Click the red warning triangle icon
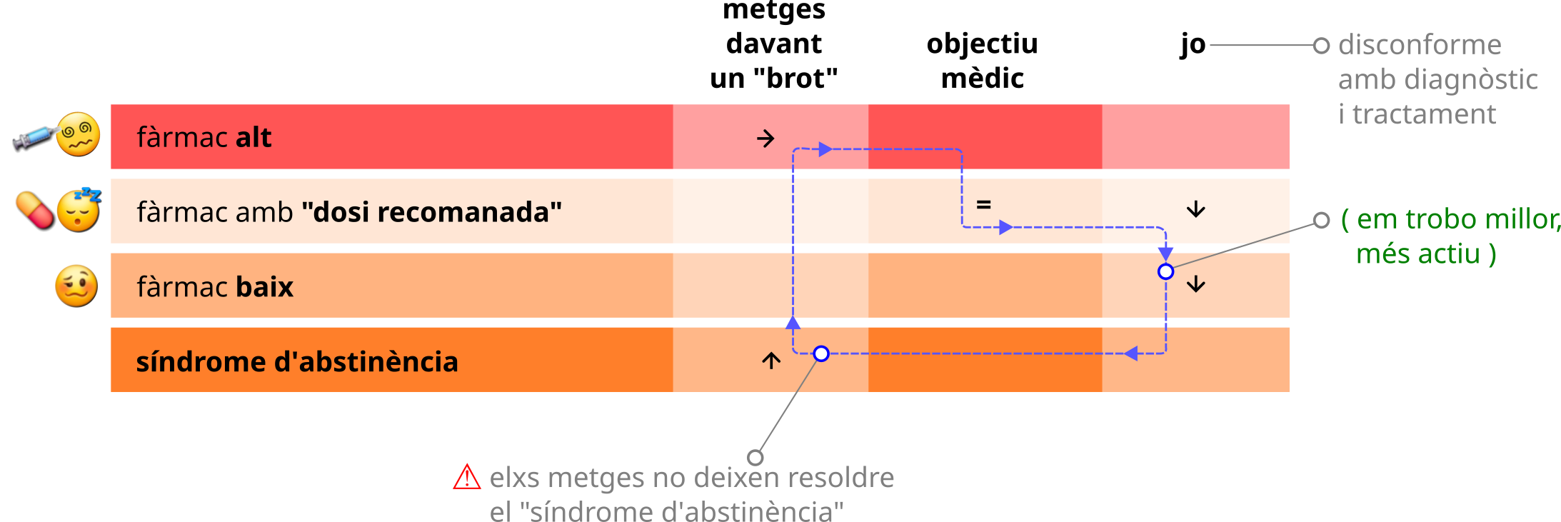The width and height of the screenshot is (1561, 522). (x=467, y=477)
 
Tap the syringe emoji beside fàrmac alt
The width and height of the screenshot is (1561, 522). (x=34, y=137)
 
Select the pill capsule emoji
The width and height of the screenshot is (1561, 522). (x=35, y=211)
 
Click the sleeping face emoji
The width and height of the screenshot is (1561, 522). (x=79, y=210)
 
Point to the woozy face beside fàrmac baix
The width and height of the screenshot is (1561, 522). (x=76, y=286)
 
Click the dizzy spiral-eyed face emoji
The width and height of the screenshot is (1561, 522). (x=79, y=134)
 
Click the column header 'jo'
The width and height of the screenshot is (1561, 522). (x=1193, y=45)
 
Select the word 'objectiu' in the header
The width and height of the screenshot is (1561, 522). (x=982, y=44)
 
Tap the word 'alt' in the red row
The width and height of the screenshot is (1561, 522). (x=254, y=137)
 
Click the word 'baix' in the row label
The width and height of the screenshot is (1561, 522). (x=264, y=287)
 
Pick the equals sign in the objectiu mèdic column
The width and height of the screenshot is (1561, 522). (x=983, y=205)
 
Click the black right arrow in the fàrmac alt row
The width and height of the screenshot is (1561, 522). (x=766, y=138)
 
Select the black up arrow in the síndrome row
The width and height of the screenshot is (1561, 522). (x=771, y=360)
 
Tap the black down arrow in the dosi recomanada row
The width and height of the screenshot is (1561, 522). (x=1196, y=209)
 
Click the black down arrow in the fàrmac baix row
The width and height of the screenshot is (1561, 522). (x=1196, y=284)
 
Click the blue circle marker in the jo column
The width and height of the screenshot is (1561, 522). (x=1165, y=271)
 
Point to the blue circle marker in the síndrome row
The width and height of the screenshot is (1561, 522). (x=821, y=353)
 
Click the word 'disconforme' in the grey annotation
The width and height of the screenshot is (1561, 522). (x=1420, y=45)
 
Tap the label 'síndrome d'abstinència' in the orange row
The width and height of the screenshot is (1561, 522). (x=297, y=362)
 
